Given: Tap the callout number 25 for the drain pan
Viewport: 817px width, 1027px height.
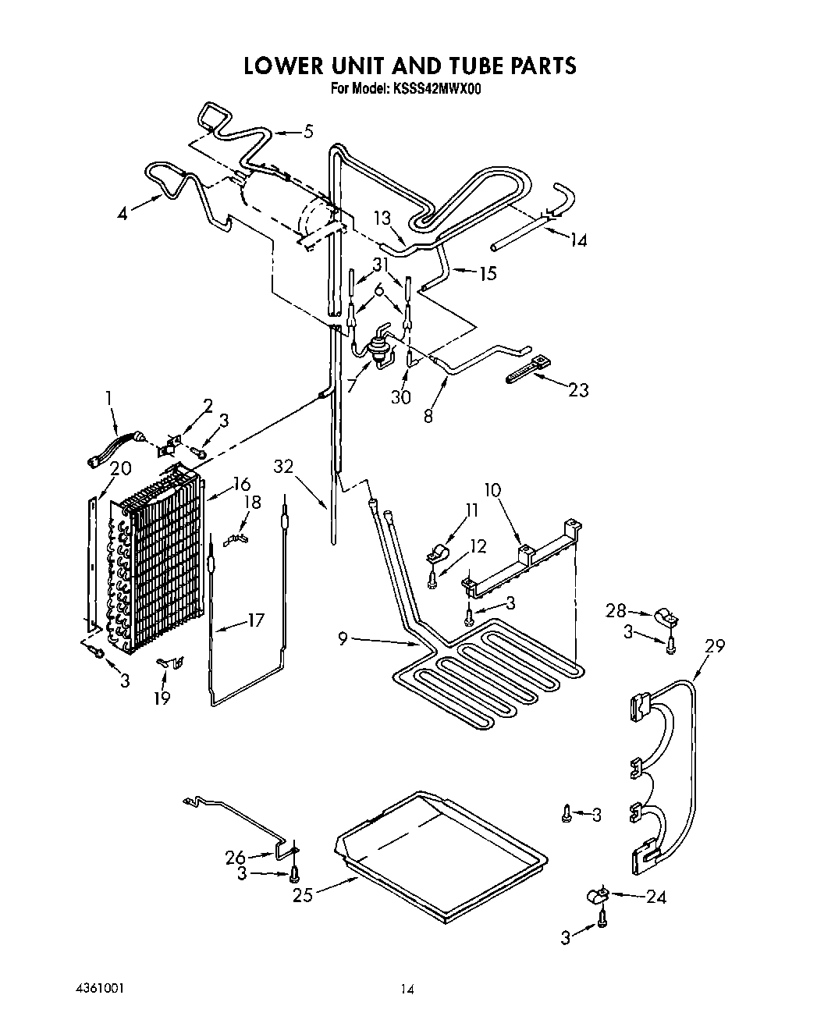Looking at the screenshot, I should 304,894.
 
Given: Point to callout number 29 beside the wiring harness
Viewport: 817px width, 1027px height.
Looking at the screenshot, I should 714,645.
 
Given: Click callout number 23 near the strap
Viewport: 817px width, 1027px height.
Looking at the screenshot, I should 578,389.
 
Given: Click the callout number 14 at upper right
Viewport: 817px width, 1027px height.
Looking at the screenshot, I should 577,240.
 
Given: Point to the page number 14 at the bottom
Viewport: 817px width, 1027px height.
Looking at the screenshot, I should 407,990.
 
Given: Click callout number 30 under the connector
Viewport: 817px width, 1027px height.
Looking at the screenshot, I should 401,396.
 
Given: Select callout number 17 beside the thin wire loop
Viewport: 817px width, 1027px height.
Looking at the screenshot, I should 255,620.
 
